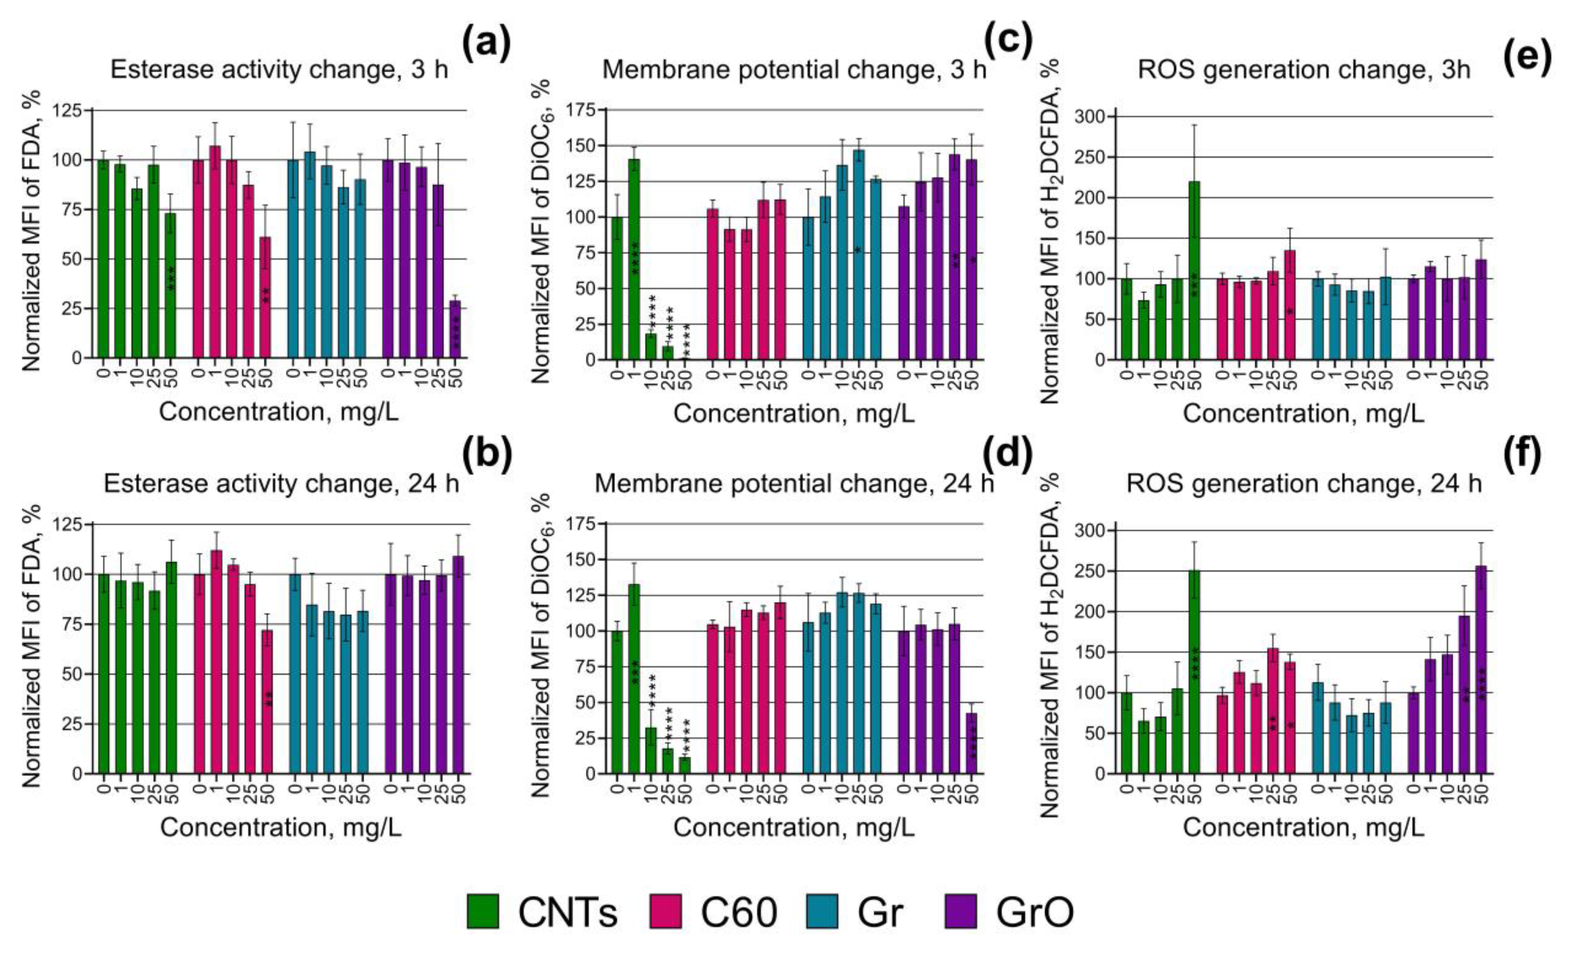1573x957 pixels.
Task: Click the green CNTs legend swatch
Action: click(483, 912)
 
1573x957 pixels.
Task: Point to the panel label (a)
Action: click(486, 43)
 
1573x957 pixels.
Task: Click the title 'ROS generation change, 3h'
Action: click(1304, 70)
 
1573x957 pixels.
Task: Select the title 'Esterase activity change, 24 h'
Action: click(281, 484)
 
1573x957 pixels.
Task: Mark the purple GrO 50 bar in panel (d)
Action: click(972, 743)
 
